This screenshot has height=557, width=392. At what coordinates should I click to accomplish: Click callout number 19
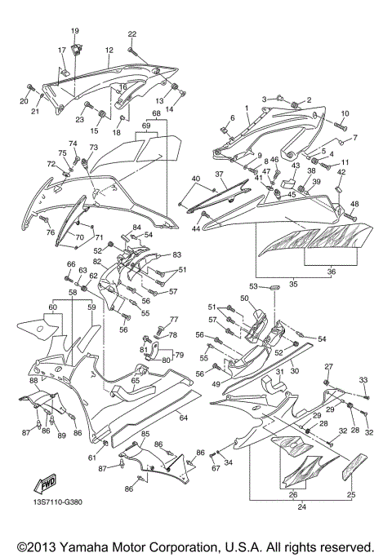pyautogui.click(x=75, y=31)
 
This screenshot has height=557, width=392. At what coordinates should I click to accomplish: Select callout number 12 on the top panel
pyautogui.click(x=108, y=50)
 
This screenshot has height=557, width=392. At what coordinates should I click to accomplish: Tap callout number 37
pyautogui.click(x=219, y=175)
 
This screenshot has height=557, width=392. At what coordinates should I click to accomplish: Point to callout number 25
pyautogui.click(x=351, y=495)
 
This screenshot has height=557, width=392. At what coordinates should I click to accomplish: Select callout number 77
pyautogui.click(x=173, y=320)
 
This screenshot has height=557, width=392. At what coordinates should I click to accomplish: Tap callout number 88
pyautogui.click(x=33, y=380)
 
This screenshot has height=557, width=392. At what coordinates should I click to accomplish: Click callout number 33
pyautogui.click(x=363, y=380)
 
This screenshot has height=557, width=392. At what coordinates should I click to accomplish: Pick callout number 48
pyautogui.click(x=354, y=204)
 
